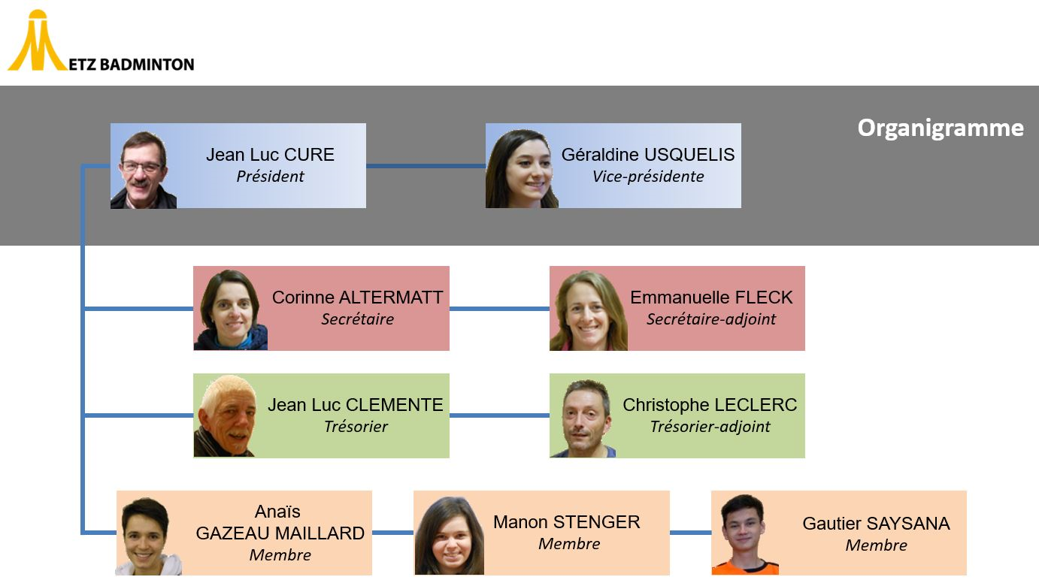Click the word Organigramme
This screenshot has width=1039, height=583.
coord(940,128)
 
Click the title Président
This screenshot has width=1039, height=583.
coord(270,177)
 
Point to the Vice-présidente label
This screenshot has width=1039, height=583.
coord(648,177)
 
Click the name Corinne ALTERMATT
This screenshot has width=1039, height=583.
coord(357,298)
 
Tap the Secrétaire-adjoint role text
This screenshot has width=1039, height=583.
coord(711,319)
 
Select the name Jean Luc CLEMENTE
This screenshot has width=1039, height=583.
coord(356,405)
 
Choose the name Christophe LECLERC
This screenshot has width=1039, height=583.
coord(710,405)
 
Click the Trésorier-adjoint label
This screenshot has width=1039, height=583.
coord(710,427)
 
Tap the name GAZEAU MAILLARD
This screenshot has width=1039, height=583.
coord(280,533)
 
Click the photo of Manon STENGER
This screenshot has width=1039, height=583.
coord(450,535)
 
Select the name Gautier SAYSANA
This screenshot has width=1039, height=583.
coord(876,524)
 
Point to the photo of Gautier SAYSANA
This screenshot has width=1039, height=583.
coord(744,534)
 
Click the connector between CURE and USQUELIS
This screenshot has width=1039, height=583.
coord(426,166)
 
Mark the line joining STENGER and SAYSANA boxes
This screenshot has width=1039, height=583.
coord(690,533)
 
